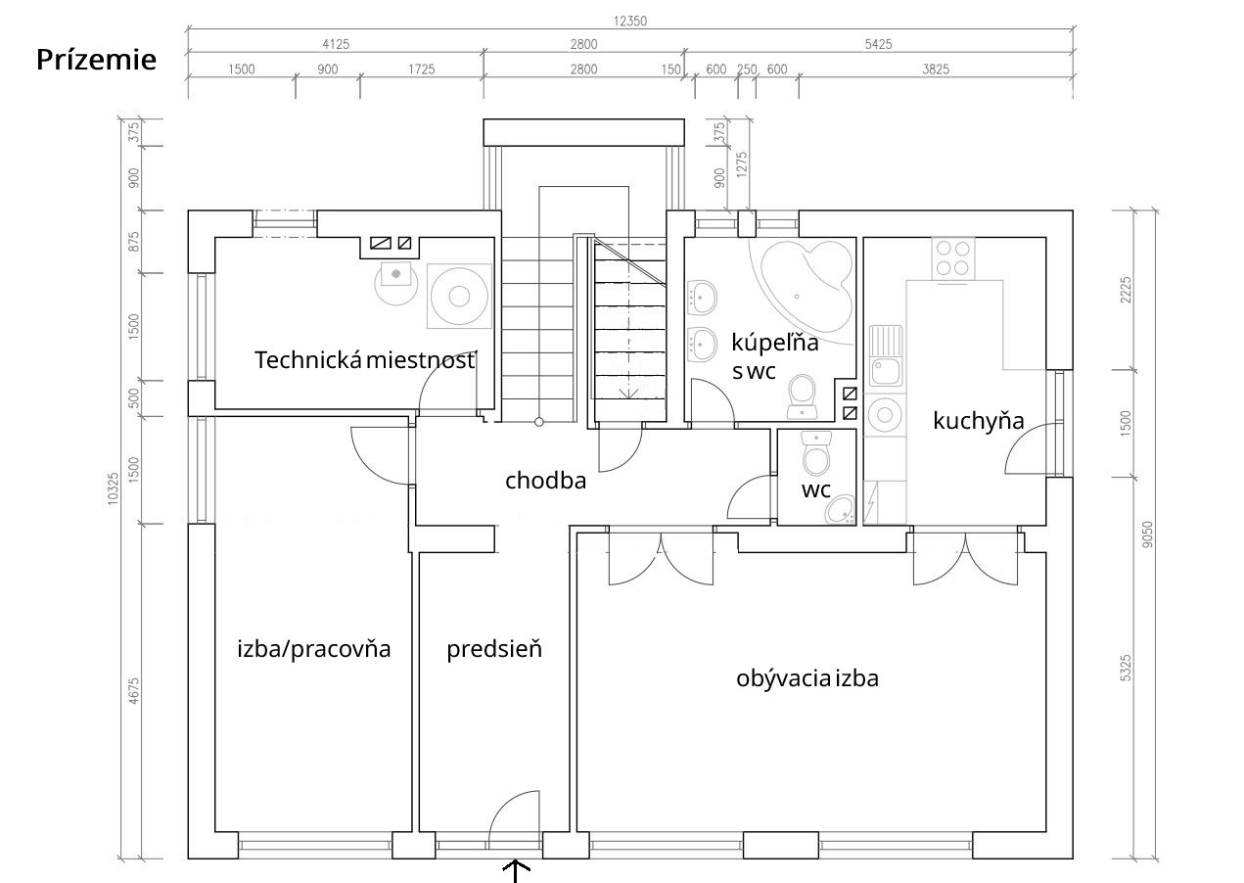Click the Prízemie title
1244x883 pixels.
[x=96, y=60]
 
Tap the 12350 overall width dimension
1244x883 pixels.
[x=629, y=22]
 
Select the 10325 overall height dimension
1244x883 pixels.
[x=114, y=488]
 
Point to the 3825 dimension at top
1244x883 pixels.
[x=936, y=70]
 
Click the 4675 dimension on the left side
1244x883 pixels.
[x=134, y=691]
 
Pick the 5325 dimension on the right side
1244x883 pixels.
[x=1126, y=668]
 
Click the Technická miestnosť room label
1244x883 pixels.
[x=365, y=360]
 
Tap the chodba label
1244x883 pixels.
[x=545, y=481]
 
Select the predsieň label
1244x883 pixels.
[x=494, y=649]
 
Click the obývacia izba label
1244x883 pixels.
[x=807, y=679]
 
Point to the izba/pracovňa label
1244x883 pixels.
[x=314, y=649]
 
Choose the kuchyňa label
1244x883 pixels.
[x=979, y=421]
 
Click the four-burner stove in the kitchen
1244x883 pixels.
[x=953, y=258]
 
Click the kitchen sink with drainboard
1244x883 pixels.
[x=886, y=356]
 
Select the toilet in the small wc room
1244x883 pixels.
[x=816, y=453]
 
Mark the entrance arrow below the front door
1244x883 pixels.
[x=516, y=871]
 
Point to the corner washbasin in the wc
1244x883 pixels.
[x=840, y=510]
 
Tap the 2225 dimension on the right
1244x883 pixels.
[x=1126, y=290]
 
